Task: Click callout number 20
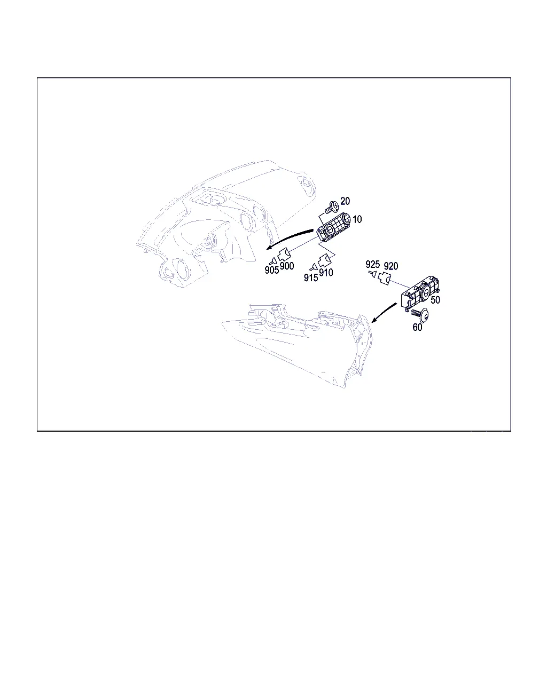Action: (345, 201)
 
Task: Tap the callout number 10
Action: (357, 219)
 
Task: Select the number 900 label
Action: (287, 266)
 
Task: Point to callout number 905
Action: (272, 270)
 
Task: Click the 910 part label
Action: (326, 273)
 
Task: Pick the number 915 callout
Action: (311, 277)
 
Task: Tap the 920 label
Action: (391, 266)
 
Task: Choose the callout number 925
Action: (373, 264)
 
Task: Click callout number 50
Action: (435, 300)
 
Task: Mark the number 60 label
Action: (417, 327)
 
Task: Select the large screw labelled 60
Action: (420, 314)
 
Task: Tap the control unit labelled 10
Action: (334, 228)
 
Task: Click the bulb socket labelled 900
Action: (285, 254)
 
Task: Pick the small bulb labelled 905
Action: (272, 262)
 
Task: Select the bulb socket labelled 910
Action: (324, 260)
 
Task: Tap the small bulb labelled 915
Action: (313, 267)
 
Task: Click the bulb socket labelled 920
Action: (384, 279)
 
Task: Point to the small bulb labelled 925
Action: (373, 273)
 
